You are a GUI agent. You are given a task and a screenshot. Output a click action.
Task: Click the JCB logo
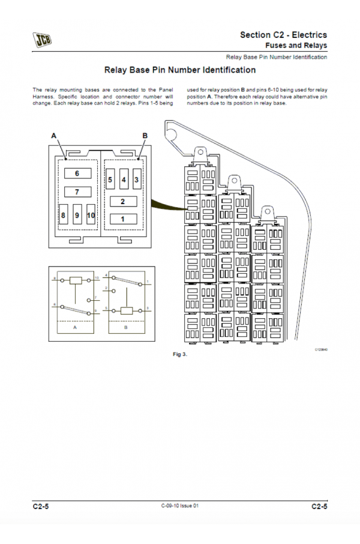pyautogui.click(x=42, y=40)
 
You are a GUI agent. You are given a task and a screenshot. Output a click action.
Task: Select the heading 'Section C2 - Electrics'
pyautogui.click(x=283, y=35)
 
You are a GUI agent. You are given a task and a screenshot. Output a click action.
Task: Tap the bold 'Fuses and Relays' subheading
pyautogui.click(x=296, y=45)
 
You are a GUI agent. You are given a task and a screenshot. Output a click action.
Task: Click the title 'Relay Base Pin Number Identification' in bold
pyautogui.click(x=180, y=70)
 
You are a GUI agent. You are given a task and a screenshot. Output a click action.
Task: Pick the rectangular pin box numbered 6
pyautogui.click(x=77, y=174)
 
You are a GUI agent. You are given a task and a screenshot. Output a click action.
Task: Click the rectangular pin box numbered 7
pyautogui.click(x=77, y=192)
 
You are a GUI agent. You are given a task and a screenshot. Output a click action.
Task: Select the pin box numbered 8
pyautogui.click(x=64, y=214)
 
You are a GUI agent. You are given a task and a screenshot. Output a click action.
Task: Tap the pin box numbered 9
pyautogui.click(x=77, y=214)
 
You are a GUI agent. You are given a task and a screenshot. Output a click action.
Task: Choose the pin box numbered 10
pyautogui.click(x=91, y=214)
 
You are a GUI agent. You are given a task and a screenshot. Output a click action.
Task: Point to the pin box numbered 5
pyautogui.click(x=110, y=180)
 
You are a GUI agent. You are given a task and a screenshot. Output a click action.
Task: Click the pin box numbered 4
pyautogui.click(x=124, y=180)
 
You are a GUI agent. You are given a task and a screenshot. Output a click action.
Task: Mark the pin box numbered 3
pyautogui.click(x=137, y=180)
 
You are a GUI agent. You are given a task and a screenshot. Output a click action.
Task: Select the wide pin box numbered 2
pyautogui.click(x=123, y=202)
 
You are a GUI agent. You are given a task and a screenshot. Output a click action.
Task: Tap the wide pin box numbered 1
pyautogui.click(x=123, y=219)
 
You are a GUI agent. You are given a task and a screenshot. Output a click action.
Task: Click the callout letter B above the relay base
pyautogui.click(x=145, y=136)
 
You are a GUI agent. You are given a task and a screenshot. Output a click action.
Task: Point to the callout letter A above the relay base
pyautogui.click(x=53, y=136)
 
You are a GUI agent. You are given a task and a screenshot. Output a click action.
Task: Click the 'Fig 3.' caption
pyautogui.click(x=180, y=354)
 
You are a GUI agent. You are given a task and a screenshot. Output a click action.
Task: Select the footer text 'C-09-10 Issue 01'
pyautogui.click(x=180, y=506)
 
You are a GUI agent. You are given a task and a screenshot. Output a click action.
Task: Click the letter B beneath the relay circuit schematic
pyautogui.click(x=126, y=328)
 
